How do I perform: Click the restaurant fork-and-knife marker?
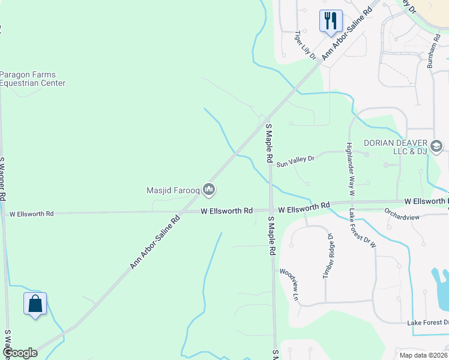(331, 21)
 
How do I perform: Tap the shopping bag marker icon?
(35, 304)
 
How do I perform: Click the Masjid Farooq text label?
(173, 191)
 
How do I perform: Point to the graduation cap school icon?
(436, 146)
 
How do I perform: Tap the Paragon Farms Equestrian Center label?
(32, 79)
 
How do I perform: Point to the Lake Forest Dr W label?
(361, 229)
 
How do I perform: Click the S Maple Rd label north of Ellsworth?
(270, 143)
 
